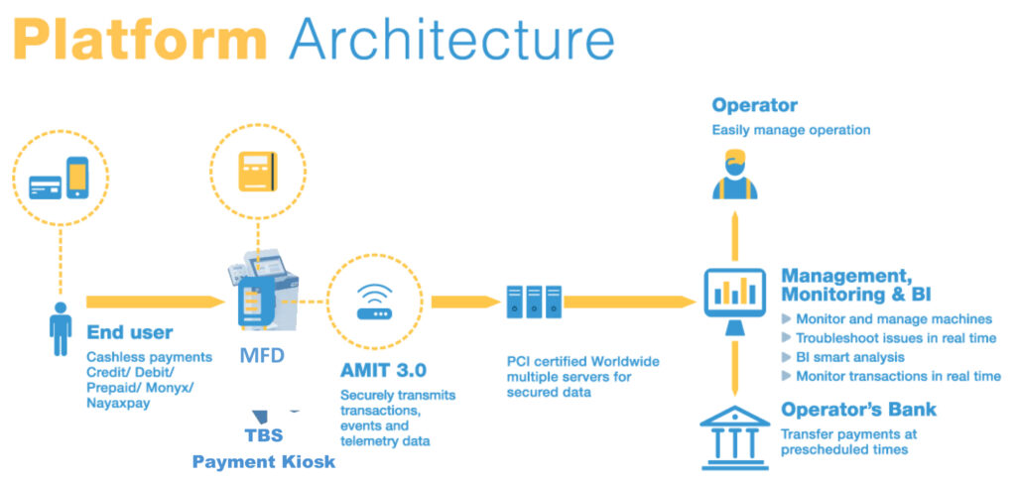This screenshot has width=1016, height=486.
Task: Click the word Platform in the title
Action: tap(141, 42)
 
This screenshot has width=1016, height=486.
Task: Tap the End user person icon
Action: tap(60, 330)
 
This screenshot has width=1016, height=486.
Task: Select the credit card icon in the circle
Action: tap(45, 185)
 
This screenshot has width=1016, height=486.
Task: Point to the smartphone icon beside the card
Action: tap(76, 180)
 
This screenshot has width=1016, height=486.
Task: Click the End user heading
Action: tap(129, 332)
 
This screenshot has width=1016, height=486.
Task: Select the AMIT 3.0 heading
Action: tap(383, 370)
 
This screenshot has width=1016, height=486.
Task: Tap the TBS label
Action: tap(264, 435)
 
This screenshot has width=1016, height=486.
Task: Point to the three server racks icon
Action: tap(528, 302)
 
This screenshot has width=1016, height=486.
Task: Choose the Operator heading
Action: tap(754, 105)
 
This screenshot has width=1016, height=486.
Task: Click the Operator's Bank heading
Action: tap(858, 409)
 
